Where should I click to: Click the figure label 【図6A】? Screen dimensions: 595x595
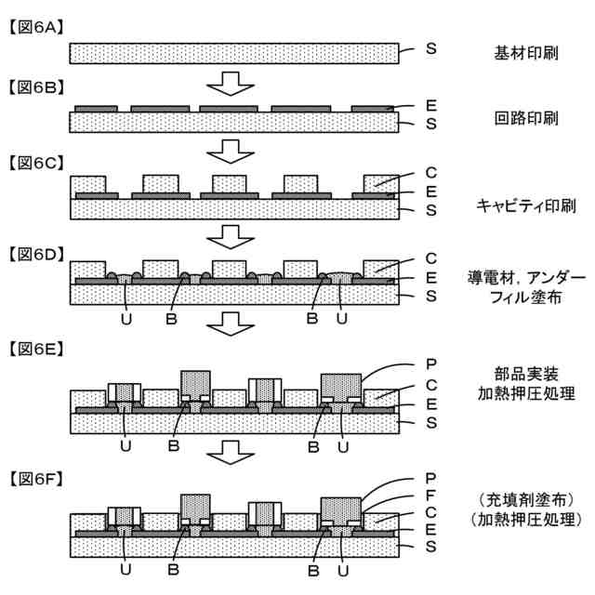[36, 27]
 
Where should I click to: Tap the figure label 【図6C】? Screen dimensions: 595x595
[36, 162]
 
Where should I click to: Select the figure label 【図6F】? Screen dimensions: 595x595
[36, 479]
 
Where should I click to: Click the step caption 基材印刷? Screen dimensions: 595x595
[525, 53]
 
